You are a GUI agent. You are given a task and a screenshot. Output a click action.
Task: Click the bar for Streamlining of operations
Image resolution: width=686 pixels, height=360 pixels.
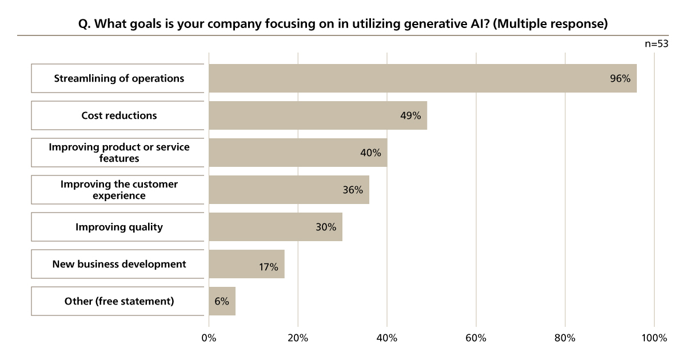point(400,78)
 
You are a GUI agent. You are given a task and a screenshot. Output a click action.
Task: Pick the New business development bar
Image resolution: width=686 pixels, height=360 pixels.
point(240,264)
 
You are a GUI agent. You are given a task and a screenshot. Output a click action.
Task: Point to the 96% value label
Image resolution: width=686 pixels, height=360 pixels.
point(620,79)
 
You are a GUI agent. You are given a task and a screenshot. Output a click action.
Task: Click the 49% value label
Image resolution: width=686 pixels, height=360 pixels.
point(410,115)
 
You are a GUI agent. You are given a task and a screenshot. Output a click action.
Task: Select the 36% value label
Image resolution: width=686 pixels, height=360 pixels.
point(353,190)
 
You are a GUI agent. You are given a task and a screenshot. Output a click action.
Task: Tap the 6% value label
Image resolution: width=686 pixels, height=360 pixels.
point(222,301)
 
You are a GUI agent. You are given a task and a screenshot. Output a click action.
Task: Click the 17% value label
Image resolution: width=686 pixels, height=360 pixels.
point(268,267)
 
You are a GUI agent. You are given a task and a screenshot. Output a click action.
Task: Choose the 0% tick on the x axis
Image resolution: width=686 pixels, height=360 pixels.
point(209,338)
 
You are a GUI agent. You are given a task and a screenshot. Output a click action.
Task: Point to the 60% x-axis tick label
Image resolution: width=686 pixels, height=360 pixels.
point(476,338)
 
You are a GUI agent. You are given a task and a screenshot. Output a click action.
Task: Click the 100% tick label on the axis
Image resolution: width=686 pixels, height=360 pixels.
point(654,338)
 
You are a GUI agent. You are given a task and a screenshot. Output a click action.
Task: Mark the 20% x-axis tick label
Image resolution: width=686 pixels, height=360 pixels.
point(298,338)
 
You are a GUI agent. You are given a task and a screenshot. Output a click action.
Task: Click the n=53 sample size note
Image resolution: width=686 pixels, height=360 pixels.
point(656,44)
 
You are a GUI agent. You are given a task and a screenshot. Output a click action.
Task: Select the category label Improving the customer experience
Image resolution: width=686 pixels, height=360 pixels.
point(119,190)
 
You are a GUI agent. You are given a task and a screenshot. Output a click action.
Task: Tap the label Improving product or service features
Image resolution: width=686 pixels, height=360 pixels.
point(119,153)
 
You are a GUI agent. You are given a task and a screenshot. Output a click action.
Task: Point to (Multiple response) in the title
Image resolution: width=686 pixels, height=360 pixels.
point(550,25)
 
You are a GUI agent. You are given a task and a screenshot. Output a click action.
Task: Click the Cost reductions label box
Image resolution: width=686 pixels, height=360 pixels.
point(119,115)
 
